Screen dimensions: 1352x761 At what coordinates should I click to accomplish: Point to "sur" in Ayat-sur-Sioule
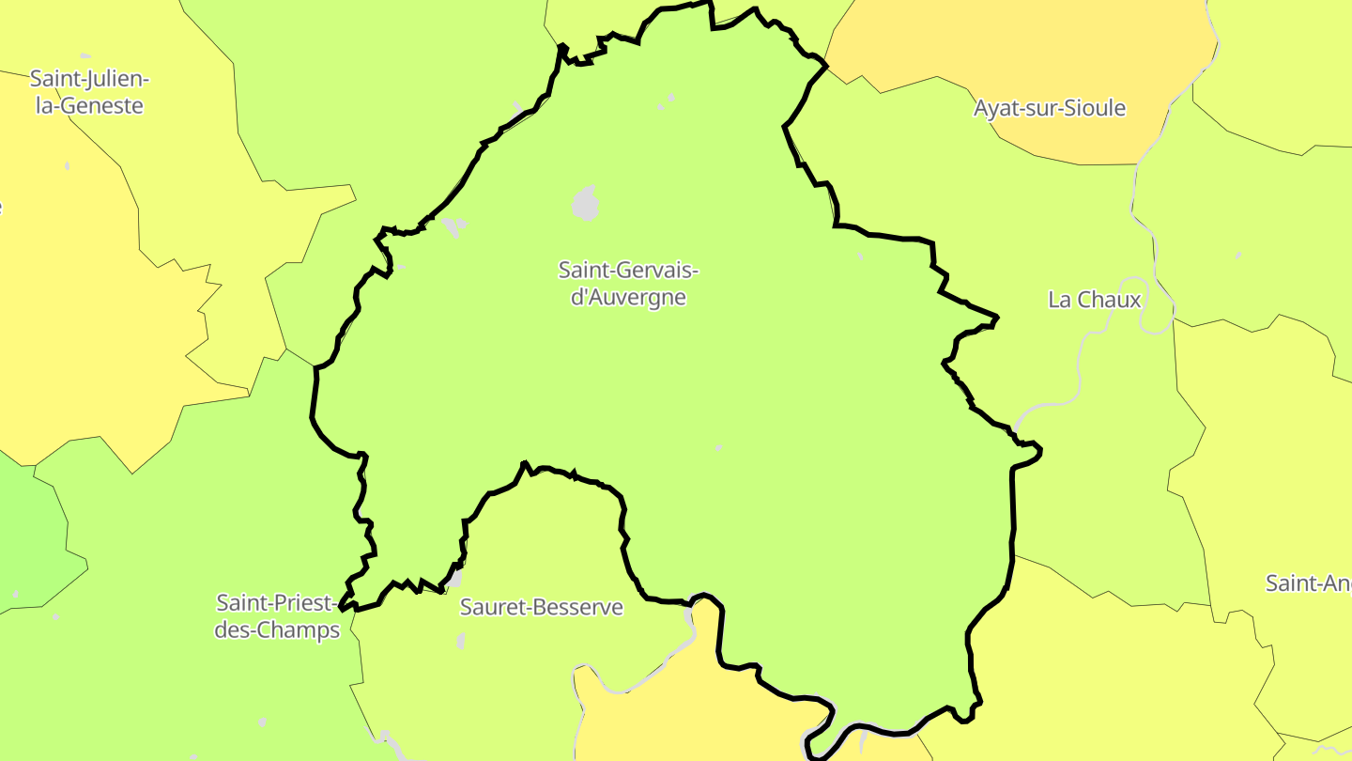click(x=1045, y=108)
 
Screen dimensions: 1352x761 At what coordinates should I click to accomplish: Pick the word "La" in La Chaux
click(x=1060, y=300)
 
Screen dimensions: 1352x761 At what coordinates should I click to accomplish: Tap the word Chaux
click(x=1109, y=300)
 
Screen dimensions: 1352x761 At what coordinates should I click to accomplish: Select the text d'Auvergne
click(x=629, y=298)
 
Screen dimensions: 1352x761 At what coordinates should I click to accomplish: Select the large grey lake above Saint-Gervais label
click(x=585, y=203)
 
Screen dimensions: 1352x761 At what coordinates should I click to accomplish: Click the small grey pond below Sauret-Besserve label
click(x=460, y=642)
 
